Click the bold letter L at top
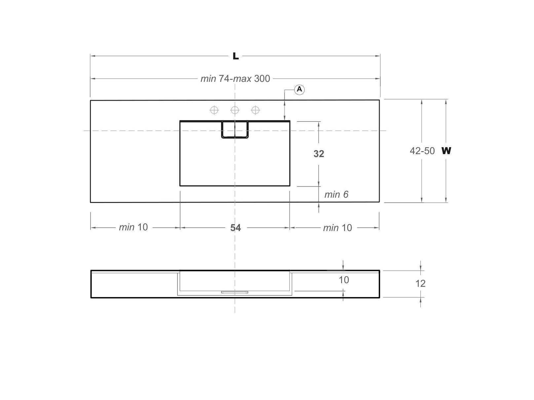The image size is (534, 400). click(x=235, y=56)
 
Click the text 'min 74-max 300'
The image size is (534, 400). click(x=235, y=79)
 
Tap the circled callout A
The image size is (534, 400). click(x=299, y=89)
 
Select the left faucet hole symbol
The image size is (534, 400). click(x=214, y=110)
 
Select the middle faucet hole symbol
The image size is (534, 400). click(x=235, y=110)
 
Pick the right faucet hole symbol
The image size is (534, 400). click(x=255, y=110)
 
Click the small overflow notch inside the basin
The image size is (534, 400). click(x=235, y=130)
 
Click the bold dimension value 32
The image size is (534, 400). click(x=319, y=153)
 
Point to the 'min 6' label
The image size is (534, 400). click(x=336, y=194)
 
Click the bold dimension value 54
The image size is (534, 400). click(x=235, y=228)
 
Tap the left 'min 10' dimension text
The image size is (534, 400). click(x=133, y=227)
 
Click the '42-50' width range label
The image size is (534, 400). click(x=422, y=151)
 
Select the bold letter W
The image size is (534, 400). click(x=446, y=151)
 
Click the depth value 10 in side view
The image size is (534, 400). click(x=344, y=280)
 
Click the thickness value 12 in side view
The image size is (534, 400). click(x=420, y=283)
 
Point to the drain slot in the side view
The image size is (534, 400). click(x=235, y=292)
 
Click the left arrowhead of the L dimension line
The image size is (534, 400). click(x=93, y=56)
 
